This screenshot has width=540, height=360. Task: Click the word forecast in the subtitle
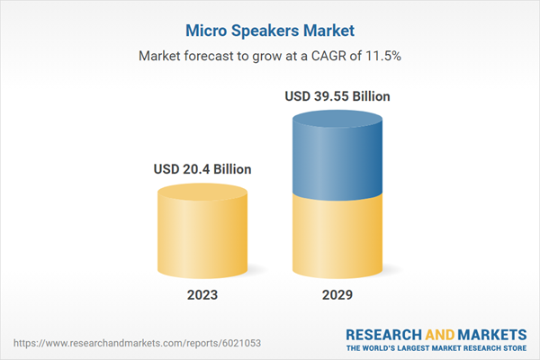[216, 56]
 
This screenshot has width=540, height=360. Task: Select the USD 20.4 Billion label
[202, 168]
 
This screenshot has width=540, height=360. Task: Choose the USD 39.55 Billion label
[337, 95]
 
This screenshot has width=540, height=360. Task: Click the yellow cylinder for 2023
[202, 234]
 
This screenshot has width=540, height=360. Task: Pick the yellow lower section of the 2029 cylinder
[337, 238]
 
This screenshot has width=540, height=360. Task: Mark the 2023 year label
[202, 294]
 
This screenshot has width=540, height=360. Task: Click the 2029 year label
[337, 294]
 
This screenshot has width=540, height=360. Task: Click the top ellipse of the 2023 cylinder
[202, 193]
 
